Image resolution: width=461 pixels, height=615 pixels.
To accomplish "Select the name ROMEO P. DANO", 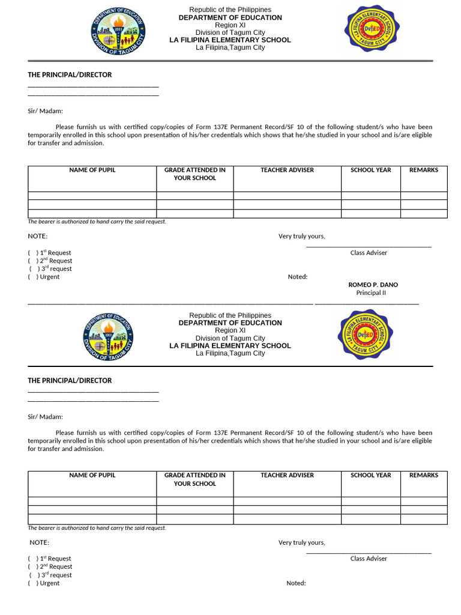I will click(373, 285).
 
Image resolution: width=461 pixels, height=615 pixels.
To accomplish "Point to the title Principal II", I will click(371, 293).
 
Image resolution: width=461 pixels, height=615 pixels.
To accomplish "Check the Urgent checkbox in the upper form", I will click(32, 277).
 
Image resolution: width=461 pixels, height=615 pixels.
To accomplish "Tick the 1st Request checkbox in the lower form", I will click(32, 559).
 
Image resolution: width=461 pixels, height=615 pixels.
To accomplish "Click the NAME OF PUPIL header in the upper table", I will click(92, 170).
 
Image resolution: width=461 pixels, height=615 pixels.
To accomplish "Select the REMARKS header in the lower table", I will click(424, 475).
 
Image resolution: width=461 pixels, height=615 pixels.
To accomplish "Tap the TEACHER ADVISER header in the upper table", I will click(287, 170).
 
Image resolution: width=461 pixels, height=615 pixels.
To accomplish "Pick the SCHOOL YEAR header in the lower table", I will click(371, 475).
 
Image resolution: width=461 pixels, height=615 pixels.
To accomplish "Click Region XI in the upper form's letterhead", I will click(230, 25).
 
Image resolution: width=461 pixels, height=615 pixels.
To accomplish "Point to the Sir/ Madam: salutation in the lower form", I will click(45, 417).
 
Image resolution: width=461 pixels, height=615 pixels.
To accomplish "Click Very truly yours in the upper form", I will click(301, 237).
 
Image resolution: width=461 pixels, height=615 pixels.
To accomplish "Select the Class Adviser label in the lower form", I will click(369, 559).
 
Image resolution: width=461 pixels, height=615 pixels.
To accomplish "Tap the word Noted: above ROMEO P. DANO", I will click(298, 277).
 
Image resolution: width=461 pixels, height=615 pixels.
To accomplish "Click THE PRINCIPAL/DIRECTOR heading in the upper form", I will click(70, 75).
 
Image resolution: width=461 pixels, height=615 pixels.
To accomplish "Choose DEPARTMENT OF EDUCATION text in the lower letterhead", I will click(230, 323).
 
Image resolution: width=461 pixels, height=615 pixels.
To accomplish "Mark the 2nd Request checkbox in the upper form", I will click(32, 261).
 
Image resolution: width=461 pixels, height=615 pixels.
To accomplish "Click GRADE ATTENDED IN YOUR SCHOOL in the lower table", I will click(195, 479).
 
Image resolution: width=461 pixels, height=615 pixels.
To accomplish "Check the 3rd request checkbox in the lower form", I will click(34, 575).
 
